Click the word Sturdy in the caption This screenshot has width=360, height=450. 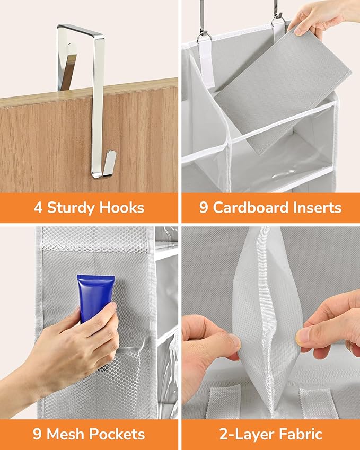[x=71, y=207]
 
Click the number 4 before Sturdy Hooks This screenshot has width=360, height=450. [x=38, y=207]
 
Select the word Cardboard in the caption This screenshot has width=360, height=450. [x=250, y=207]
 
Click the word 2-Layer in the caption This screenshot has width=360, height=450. [x=246, y=434]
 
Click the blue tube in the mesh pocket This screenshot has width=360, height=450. [x=95, y=296]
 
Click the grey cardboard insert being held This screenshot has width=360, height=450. [x=283, y=89]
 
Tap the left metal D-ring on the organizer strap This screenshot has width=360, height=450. [x=205, y=38]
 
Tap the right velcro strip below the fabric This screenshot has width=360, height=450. [x=315, y=404]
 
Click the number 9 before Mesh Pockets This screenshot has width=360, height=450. [x=37, y=434]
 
